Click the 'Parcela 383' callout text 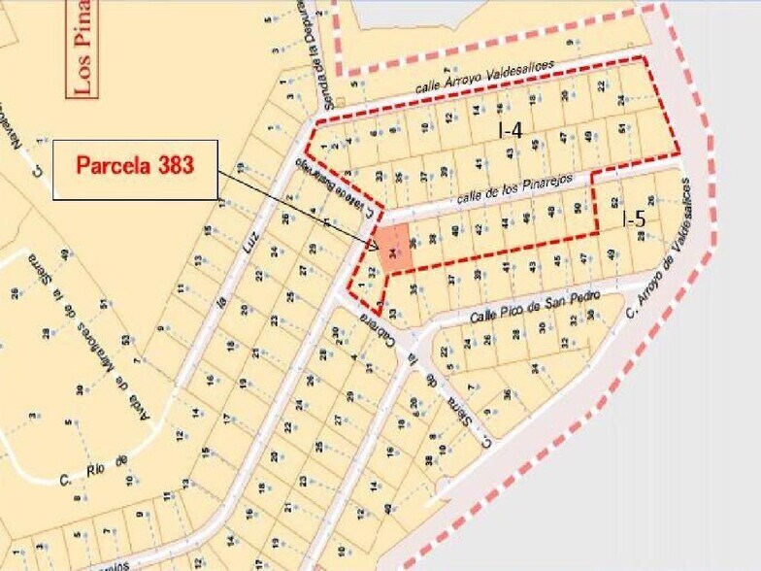(x=135, y=164)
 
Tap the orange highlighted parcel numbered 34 (x=392, y=250)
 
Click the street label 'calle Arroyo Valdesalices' (x=485, y=77)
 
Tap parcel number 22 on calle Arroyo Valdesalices (x=602, y=85)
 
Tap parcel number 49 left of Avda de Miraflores (x=64, y=255)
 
